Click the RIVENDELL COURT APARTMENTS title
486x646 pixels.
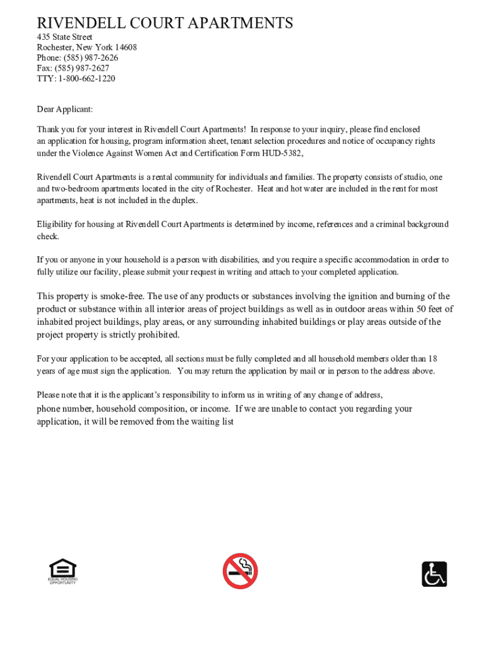point(165,23)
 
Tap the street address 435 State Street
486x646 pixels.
point(64,37)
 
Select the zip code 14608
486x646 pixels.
point(125,47)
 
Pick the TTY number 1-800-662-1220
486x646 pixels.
point(86,79)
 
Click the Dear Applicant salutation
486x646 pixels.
point(64,109)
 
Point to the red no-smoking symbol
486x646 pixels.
point(240,571)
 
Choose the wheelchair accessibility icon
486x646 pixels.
point(434,574)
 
